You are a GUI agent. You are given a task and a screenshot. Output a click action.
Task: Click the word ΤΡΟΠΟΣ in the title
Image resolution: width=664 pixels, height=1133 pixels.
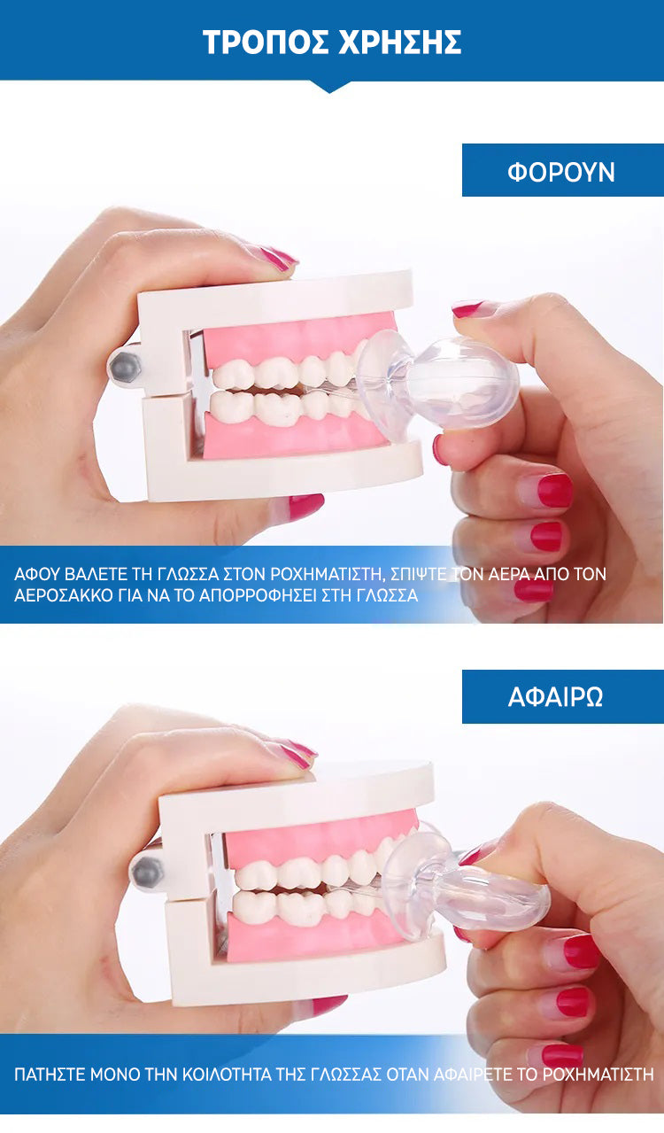click(x=266, y=42)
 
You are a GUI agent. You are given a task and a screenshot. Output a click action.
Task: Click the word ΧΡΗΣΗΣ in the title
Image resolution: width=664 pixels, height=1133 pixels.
click(x=400, y=42)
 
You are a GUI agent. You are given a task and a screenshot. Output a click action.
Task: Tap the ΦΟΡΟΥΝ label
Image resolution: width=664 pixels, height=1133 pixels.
click(x=561, y=172)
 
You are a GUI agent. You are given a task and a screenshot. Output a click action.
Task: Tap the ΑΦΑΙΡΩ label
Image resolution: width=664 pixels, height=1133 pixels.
click(x=555, y=696)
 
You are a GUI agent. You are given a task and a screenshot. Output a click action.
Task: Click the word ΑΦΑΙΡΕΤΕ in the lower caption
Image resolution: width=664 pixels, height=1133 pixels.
click(x=474, y=1074)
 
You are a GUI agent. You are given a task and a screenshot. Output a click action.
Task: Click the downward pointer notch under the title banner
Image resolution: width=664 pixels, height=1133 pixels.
click(x=329, y=87)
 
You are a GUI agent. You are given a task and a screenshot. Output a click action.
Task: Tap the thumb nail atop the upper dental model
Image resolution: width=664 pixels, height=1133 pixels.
click(x=277, y=258)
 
